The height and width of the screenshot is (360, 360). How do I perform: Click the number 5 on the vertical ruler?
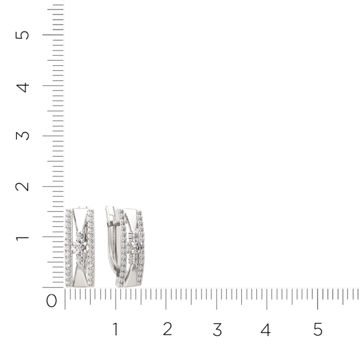[22, 35]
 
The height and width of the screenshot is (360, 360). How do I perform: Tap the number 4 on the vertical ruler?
[23, 88]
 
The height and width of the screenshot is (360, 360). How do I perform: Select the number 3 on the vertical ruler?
[23, 136]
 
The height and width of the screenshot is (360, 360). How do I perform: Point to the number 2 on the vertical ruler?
[22, 187]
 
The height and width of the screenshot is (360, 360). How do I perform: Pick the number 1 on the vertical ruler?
[22, 237]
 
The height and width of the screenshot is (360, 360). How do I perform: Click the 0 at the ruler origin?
[52, 301]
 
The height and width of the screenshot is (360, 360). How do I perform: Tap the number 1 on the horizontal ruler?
[115, 329]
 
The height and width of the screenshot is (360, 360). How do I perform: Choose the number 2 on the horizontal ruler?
[167, 329]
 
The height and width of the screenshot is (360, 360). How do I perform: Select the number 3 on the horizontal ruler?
[217, 329]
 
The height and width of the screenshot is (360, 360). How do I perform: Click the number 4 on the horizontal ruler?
[266, 329]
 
